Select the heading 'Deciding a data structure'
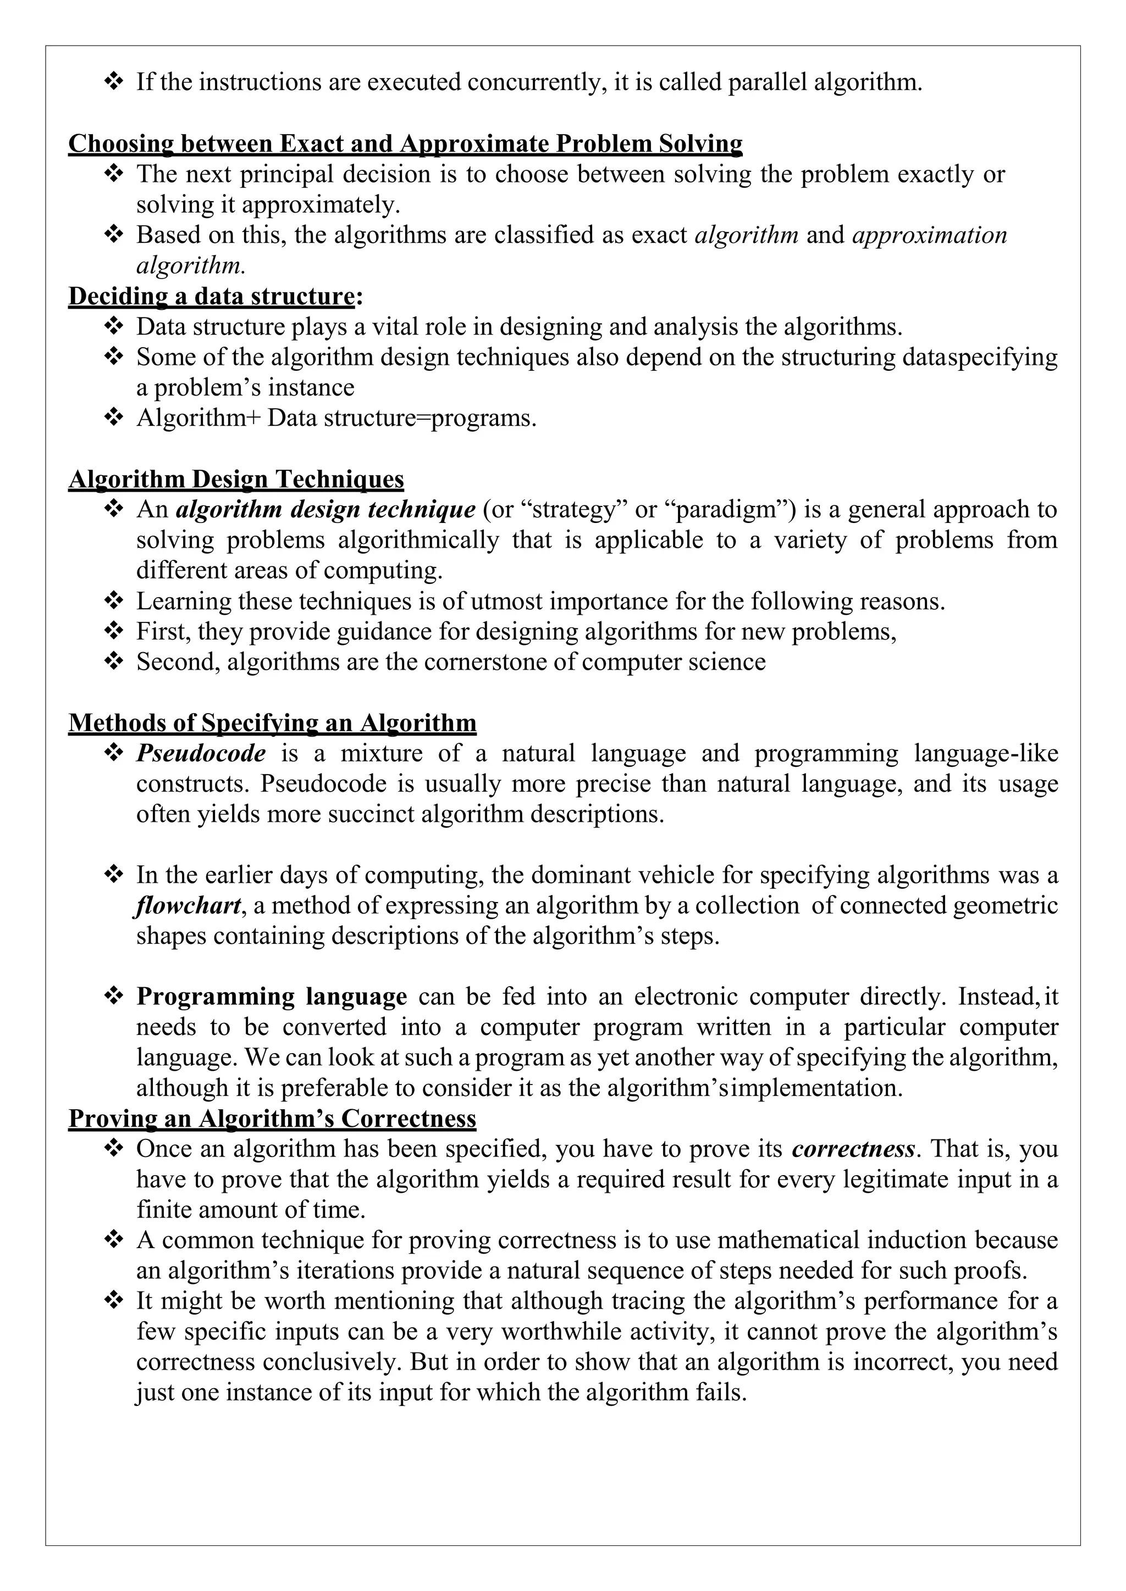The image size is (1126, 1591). [212, 296]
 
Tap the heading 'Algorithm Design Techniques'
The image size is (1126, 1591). [236, 479]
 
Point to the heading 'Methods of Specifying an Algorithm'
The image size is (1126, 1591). [272, 723]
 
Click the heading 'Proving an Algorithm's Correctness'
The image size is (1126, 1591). [272, 1119]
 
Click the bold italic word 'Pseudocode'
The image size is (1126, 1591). [201, 753]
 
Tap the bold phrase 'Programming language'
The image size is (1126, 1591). [272, 997]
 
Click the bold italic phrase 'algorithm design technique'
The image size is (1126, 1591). [326, 509]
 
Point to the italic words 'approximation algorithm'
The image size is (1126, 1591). [929, 235]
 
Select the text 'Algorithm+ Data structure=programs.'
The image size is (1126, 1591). [336, 418]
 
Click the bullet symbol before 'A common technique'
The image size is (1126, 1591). [113, 1240]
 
